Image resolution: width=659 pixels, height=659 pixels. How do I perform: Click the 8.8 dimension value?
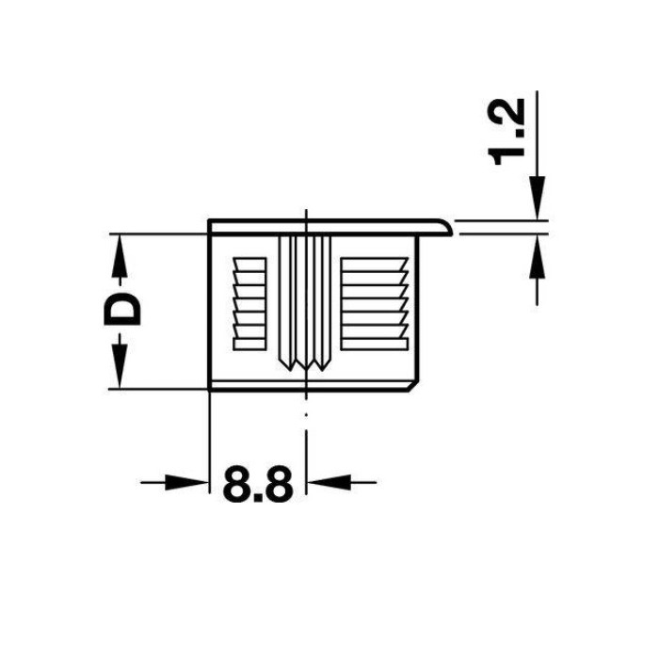coord(258,484)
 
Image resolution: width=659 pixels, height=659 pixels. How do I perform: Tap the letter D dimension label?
coord(121,309)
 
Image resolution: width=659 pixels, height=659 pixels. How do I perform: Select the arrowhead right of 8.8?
coord(329,482)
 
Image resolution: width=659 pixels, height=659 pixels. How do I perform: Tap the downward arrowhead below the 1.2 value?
coord(537,198)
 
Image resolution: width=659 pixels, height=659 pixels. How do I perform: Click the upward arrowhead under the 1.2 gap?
coord(537,256)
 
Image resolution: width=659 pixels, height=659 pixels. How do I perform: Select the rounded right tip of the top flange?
coord(447,227)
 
